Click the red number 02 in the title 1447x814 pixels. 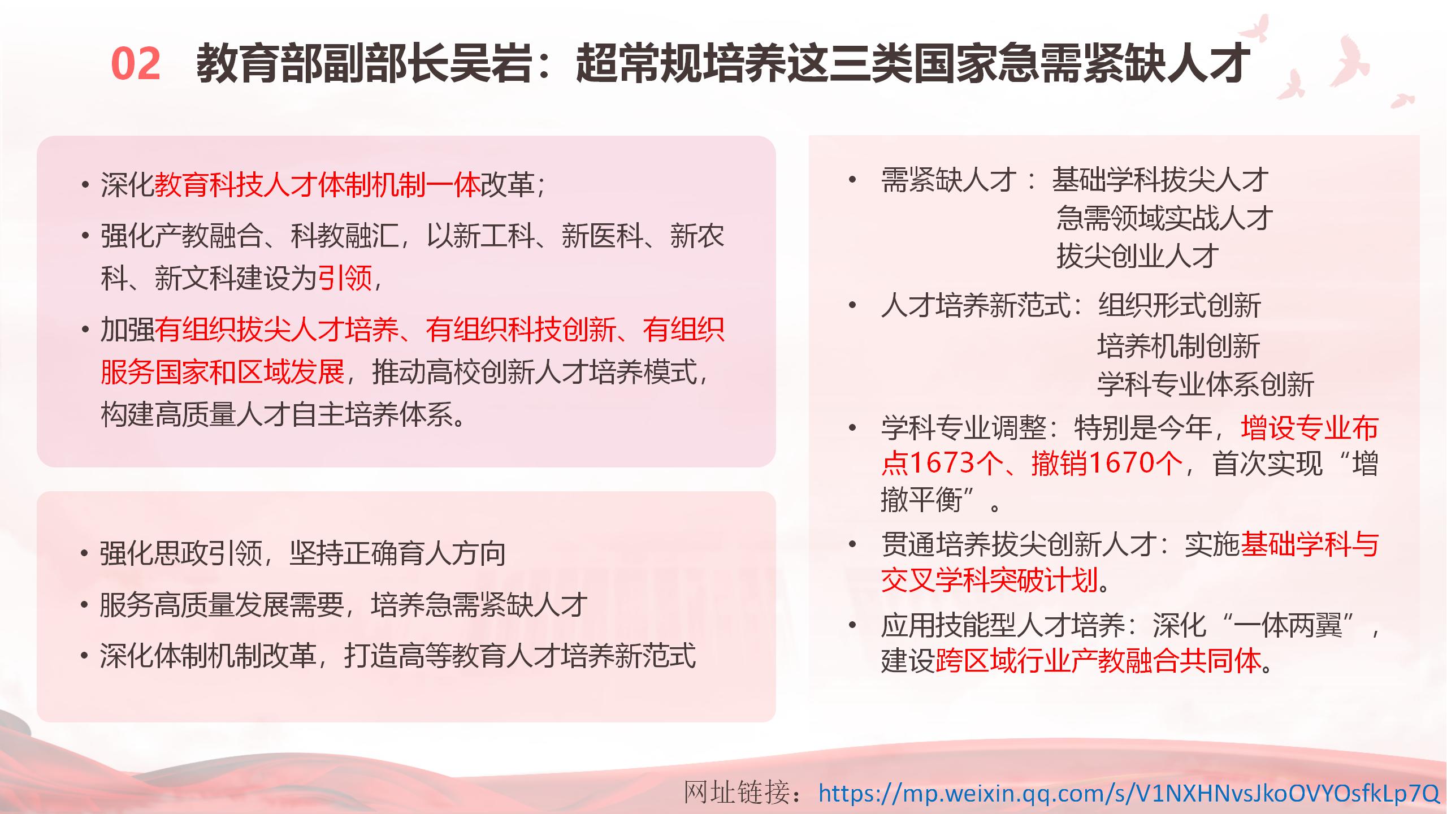coord(136,64)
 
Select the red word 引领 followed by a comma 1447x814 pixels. coord(344,278)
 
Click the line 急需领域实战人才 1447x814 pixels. coord(1164,218)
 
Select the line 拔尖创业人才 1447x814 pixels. coord(1137,256)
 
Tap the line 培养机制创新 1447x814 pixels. coord(1179,345)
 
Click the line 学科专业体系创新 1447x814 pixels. coord(1206,384)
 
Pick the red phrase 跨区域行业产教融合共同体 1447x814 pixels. coord(1099,661)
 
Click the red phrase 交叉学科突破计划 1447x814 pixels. coord(990,580)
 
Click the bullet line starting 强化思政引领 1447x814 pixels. coord(303,553)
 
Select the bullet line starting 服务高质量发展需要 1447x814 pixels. coord(344,605)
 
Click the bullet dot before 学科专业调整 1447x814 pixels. coord(852,428)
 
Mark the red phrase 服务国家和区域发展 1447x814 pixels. coord(223,373)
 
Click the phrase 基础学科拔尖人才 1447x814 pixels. coord(1160,181)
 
